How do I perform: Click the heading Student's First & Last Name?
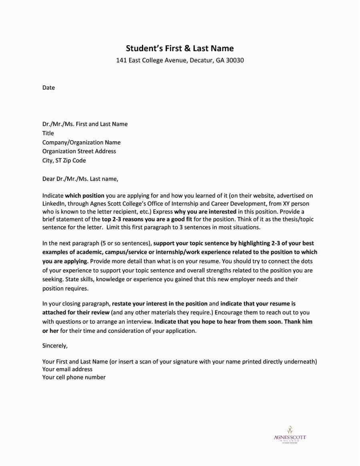[180, 48]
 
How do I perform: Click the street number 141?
[121, 61]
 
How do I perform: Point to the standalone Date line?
[48, 88]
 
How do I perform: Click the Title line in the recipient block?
[48, 133]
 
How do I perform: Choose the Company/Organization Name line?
[81, 142]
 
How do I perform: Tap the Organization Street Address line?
[79, 151]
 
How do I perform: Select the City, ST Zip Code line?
[64, 160]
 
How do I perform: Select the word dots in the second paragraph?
[306, 261]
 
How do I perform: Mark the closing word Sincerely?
[55, 345]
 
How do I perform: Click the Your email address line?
[67, 369]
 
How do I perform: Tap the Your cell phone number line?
[74, 377]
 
